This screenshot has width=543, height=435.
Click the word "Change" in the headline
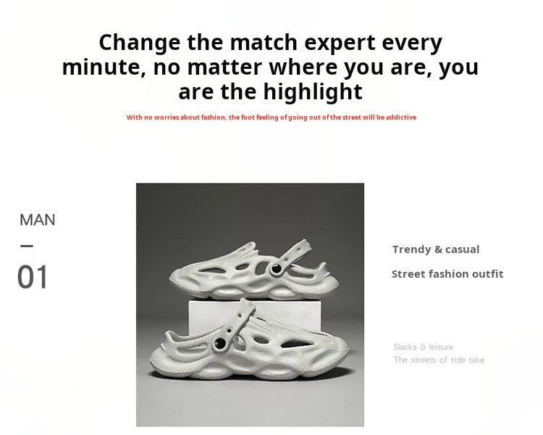point(140,43)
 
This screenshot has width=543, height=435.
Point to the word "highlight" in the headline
point(313,92)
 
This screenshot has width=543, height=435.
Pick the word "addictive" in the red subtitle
point(401,117)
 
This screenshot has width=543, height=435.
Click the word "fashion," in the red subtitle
point(214,117)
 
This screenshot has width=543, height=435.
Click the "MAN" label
point(38,220)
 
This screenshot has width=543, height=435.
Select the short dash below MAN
point(27,246)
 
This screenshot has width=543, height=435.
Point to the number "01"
point(32,277)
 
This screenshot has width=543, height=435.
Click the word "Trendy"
point(411,249)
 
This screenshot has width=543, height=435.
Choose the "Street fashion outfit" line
point(447,274)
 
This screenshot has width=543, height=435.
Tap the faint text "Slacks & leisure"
point(424,347)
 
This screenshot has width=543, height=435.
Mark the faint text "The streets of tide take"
point(439,360)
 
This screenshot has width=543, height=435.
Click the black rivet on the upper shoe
point(277,268)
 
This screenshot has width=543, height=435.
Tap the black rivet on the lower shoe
point(220,344)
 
